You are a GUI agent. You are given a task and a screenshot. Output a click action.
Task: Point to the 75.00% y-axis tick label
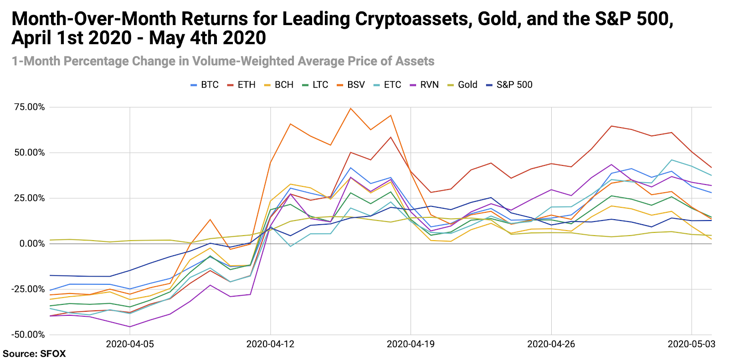(x=30, y=107)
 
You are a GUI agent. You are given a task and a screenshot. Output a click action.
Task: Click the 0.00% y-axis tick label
(x=32, y=244)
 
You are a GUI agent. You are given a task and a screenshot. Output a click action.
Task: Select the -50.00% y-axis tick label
(x=29, y=334)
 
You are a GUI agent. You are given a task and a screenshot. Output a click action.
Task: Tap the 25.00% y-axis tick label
(x=30, y=198)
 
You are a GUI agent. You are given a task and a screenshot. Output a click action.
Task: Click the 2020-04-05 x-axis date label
(x=130, y=344)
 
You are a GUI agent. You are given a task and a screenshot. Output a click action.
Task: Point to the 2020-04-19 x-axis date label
(x=411, y=344)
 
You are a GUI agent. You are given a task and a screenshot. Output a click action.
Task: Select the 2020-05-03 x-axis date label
(x=692, y=344)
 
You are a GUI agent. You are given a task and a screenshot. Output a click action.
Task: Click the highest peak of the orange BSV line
(x=350, y=108)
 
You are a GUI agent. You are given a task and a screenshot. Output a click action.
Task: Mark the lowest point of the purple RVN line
(x=130, y=327)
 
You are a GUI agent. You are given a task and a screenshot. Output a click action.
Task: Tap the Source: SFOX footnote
(x=34, y=354)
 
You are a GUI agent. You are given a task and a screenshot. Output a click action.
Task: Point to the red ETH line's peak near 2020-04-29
(x=611, y=126)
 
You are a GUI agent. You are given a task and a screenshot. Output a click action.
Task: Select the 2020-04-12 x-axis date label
(x=270, y=344)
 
